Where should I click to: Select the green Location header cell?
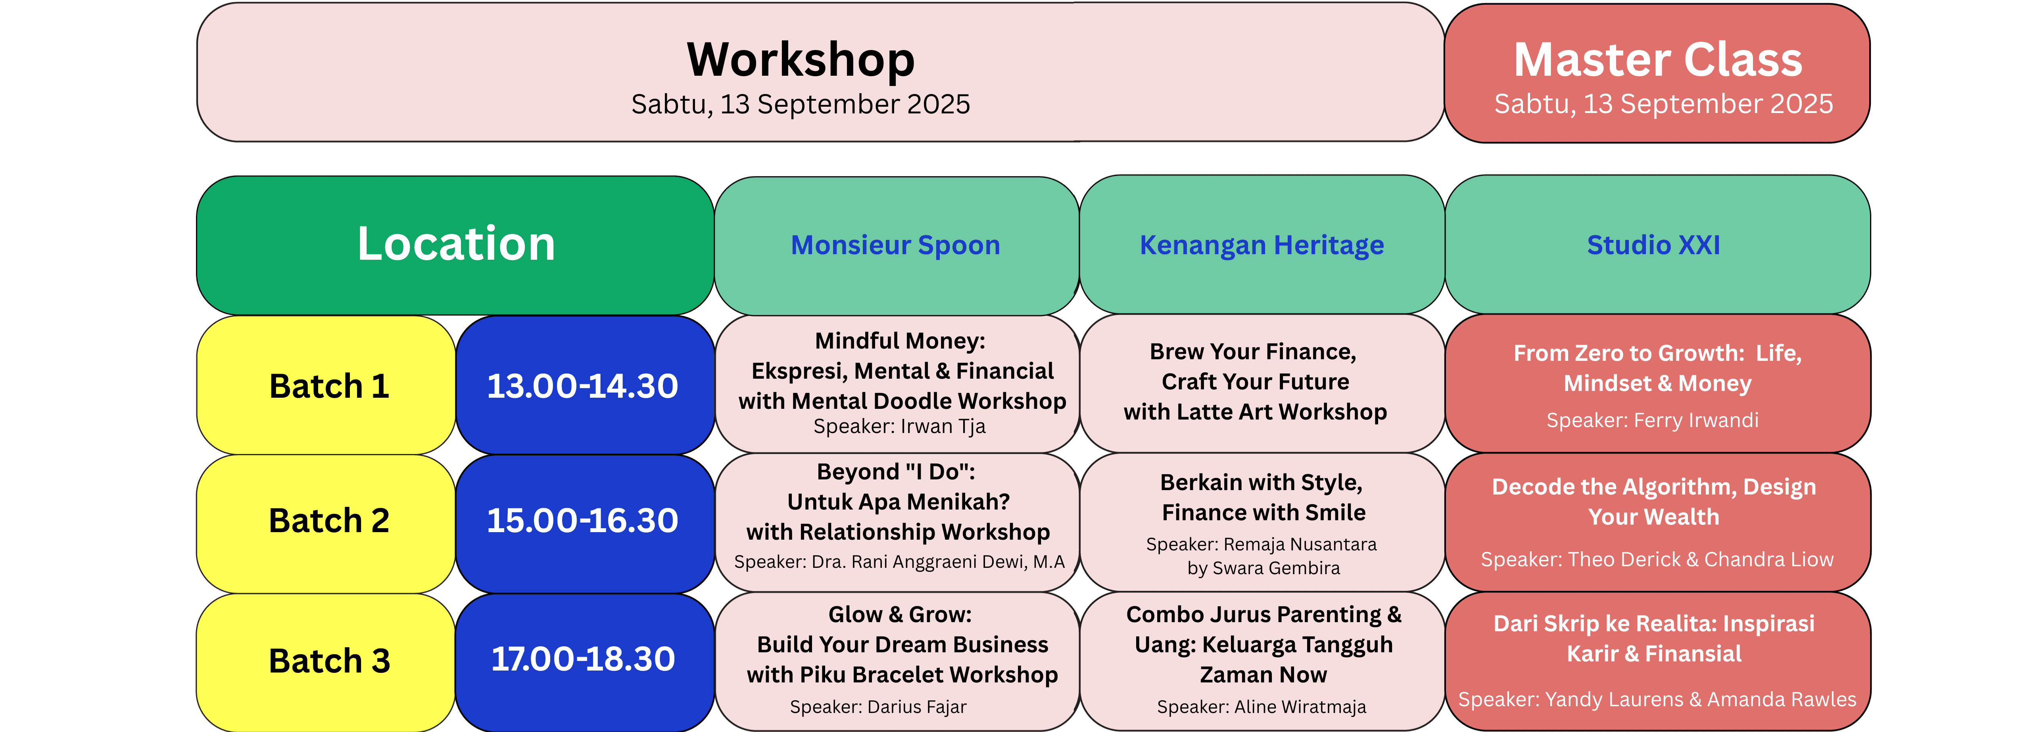pos(455,245)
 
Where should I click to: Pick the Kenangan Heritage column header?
pos(1262,245)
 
